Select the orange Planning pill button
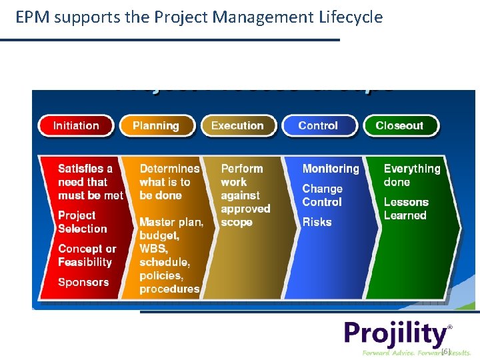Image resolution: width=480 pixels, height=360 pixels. pyautogui.click(x=156, y=125)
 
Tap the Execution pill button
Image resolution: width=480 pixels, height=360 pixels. pyautogui.click(x=237, y=125)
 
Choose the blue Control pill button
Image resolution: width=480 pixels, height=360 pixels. pyautogui.click(x=318, y=125)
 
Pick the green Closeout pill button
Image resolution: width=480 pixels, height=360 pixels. pyautogui.click(x=399, y=125)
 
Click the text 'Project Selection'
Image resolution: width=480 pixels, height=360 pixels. pyautogui.click(x=82, y=222)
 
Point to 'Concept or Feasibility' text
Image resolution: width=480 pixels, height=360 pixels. pyautogui.click(x=87, y=255)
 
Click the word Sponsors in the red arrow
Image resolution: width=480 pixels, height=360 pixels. pyautogui.click(x=83, y=282)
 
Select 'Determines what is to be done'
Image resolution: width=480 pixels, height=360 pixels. pyautogui.click(x=169, y=182)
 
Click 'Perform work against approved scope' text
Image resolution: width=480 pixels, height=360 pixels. pyautogui.click(x=245, y=195)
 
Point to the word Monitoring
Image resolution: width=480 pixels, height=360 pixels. pyautogui.click(x=331, y=169)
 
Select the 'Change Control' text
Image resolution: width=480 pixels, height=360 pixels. pyautogui.click(x=322, y=195)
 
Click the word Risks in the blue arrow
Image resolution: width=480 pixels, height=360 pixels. pyautogui.click(x=317, y=222)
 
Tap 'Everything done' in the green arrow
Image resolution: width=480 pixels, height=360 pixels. pyautogui.click(x=411, y=175)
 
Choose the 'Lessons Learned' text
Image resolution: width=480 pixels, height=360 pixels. pyautogui.click(x=405, y=209)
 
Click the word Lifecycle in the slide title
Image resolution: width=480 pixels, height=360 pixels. pyautogui.click(x=347, y=17)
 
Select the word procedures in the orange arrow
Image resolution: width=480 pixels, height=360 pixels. pyautogui.click(x=169, y=289)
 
